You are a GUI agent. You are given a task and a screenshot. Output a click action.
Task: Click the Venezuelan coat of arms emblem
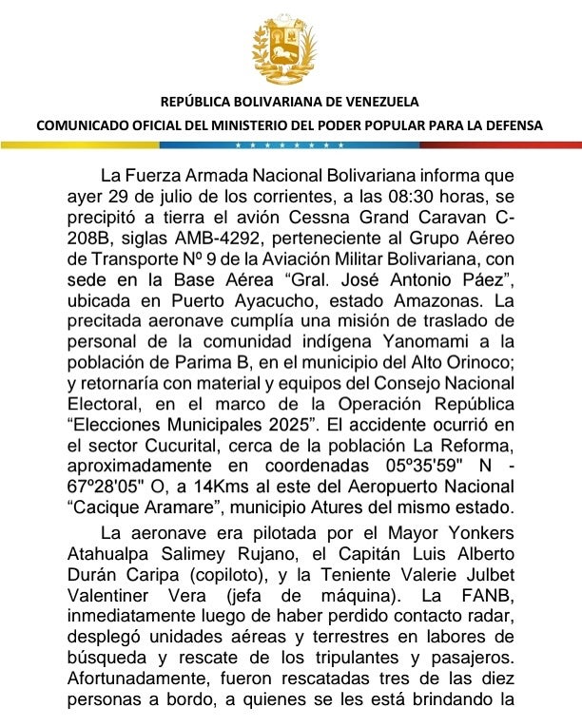point(289,49)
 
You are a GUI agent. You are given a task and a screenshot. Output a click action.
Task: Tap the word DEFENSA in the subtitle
point(511,125)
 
